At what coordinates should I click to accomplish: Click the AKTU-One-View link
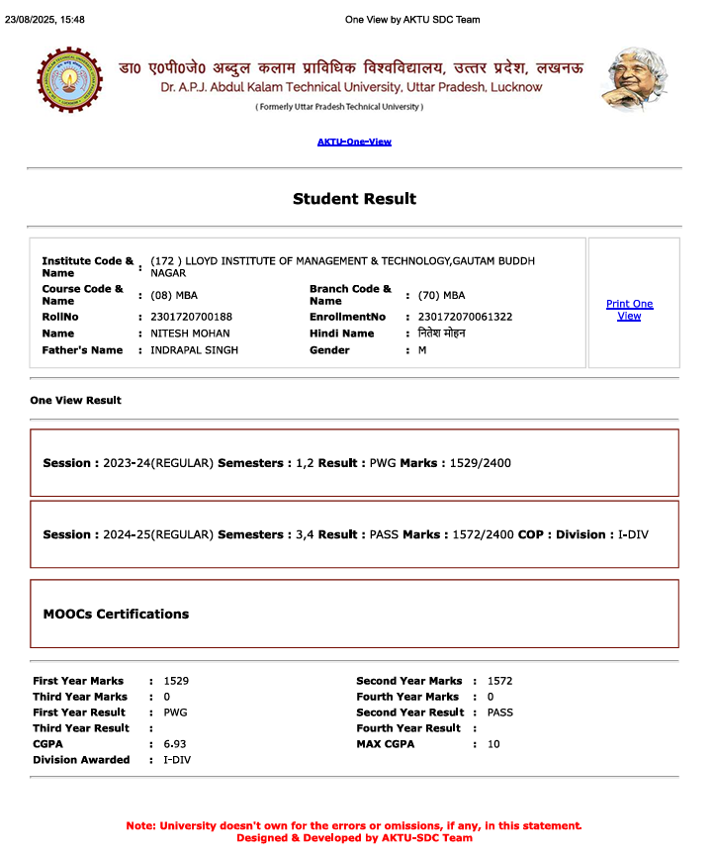pos(354,142)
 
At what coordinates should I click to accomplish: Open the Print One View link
pos(629,310)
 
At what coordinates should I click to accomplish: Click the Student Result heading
pos(354,199)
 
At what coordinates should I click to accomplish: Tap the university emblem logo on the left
pos(69,79)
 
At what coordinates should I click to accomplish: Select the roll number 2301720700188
pos(191,317)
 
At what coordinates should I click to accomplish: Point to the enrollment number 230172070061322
pos(465,317)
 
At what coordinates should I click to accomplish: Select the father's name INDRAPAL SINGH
pos(194,350)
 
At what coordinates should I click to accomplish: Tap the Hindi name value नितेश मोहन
pos(441,333)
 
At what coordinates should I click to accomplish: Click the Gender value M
pos(422,350)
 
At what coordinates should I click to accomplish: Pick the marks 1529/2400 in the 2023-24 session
pos(480,463)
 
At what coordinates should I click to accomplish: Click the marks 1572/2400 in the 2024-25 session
pos(484,534)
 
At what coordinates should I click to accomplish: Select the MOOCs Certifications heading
pos(116,614)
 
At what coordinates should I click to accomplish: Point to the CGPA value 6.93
pos(175,744)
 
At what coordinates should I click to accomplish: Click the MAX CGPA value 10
pos(493,744)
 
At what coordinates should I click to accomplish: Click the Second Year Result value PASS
pos(500,713)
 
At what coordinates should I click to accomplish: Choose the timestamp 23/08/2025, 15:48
pos(45,19)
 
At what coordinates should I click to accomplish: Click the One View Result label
pos(76,401)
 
